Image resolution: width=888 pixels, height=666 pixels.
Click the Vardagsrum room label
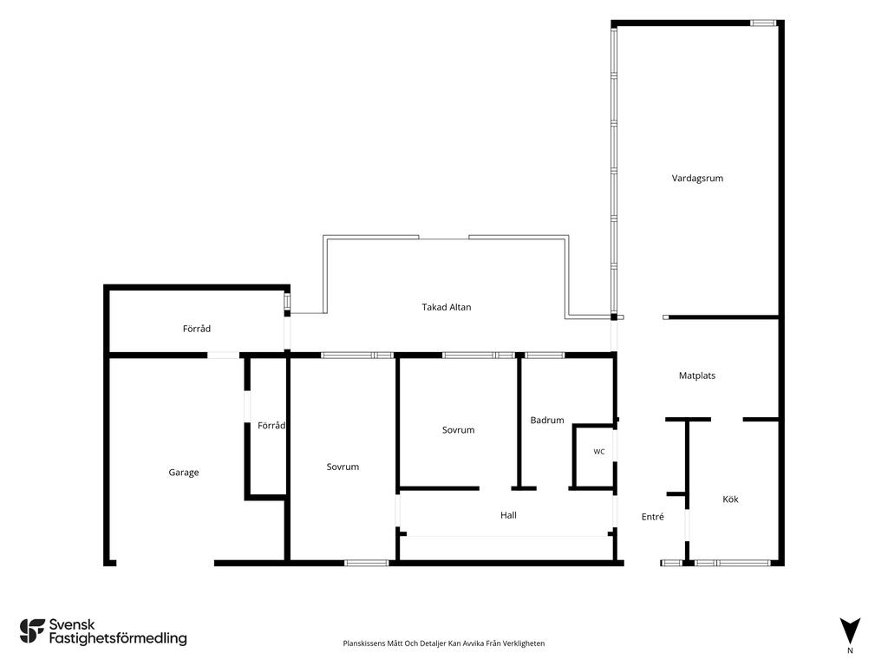click(x=697, y=179)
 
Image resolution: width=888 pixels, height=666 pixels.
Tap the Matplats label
click(x=697, y=375)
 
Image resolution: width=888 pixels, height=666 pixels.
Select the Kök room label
click(x=730, y=499)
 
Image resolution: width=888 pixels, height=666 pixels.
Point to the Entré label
click(x=652, y=517)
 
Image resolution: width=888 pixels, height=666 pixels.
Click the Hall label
click(x=508, y=515)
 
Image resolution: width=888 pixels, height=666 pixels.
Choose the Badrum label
click(x=547, y=421)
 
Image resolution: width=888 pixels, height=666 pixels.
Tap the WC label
click(x=599, y=451)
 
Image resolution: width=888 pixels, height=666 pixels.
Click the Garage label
click(x=184, y=473)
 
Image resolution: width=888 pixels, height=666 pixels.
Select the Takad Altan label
click(x=447, y=307)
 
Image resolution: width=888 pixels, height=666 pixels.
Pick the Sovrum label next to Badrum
click(x=458, y=430)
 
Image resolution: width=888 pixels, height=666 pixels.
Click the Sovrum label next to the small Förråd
click(x=343, y=467)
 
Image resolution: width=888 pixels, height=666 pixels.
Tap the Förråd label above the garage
click(x=197, y=329)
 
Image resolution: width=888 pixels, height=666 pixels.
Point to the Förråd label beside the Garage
click(x=271, y=425)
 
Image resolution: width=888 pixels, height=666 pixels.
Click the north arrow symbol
click(x=850, y=630)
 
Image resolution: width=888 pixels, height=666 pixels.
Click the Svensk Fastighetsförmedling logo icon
click(x=32, y=631)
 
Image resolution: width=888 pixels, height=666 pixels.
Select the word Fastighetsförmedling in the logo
click(x=118, y=639)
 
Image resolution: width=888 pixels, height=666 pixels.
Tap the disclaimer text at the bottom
click(x=443, y=643)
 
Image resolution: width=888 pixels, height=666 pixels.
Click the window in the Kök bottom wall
click(x=732, y=563)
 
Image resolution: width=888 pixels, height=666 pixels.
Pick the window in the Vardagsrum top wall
click(x=763, y=23)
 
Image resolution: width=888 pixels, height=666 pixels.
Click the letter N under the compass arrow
click(x=850, y=650)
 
